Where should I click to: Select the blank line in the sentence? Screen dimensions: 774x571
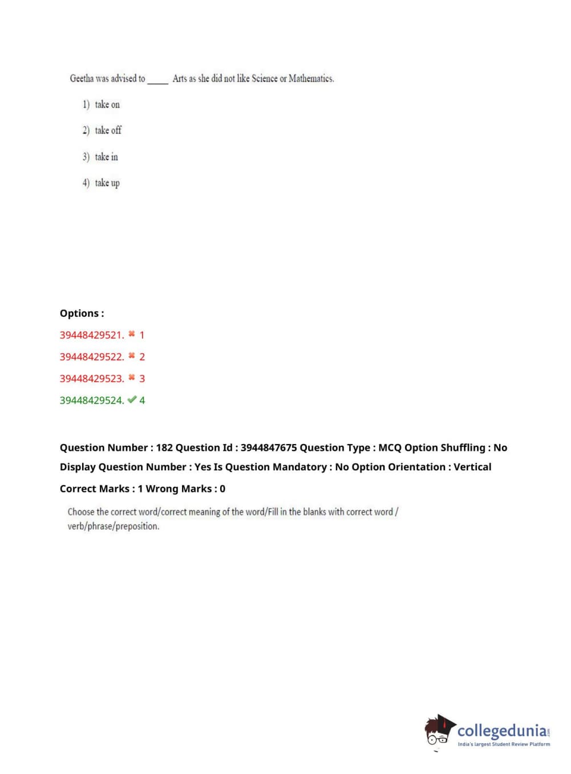pos(158,82)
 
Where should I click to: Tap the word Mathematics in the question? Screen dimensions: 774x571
pos(311,79)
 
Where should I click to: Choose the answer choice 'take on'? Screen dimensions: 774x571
pos(107,104)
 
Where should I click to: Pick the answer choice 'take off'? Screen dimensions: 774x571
pos(108,130)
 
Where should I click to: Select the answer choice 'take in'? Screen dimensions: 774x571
pos(106,157)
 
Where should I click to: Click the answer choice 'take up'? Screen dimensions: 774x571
pos(107,183)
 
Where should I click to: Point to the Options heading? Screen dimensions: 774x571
pos(82,313)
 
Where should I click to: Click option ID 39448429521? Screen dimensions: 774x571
pos(91,335)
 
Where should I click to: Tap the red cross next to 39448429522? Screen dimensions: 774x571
pos(132,356)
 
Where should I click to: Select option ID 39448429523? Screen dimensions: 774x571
pos(91,378)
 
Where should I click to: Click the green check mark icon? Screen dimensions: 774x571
pos(132,400)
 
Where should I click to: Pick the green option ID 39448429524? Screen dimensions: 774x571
pos(91,400)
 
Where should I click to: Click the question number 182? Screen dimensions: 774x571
pos(164,448)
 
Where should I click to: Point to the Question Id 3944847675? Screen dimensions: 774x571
pos(268,448)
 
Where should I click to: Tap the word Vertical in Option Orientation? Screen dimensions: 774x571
pos(472,467)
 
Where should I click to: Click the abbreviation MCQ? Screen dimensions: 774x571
pos(390,448)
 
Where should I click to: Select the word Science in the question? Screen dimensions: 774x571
pos(264,79)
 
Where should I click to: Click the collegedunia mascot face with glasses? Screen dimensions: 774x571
pos(438,732)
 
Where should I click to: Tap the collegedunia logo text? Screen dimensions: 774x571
pos(502,731)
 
